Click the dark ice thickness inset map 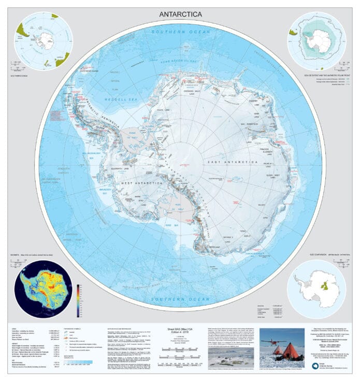point(45,290)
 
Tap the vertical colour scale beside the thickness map point(79,300)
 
